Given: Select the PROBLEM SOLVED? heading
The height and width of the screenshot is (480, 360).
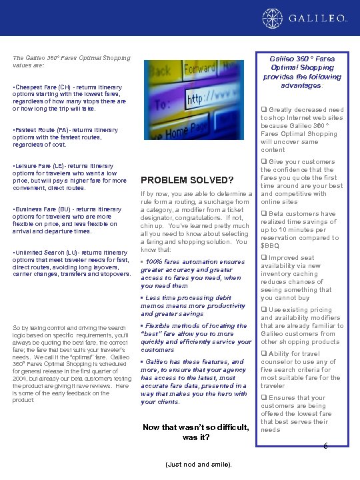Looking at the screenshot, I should pyautogui.click(x=186, y=180).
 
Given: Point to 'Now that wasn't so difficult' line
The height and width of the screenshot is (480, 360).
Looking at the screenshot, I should pyautogui.click(x=196, y=427).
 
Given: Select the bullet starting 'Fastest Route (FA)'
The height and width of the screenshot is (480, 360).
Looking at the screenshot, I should pyautogui.click(x=64, y=136).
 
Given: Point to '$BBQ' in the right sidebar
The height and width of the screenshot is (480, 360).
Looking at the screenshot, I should pyautogui.click(x=270, y=246).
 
